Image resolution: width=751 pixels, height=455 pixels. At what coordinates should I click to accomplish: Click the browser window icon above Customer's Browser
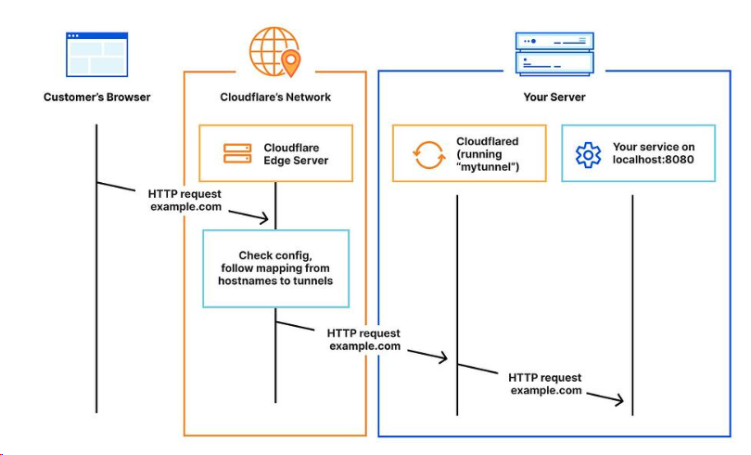(96, 54)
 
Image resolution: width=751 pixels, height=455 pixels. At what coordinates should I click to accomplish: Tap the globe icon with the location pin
(275, 52)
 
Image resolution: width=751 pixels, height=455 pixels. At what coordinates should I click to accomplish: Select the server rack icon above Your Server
(554, 54)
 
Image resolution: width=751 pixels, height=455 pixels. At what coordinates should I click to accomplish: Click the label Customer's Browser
(96, 97)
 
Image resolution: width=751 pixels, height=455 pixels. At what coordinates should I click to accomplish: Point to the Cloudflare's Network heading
(275, 97)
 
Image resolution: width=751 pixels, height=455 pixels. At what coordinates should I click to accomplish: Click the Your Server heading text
(554, 97)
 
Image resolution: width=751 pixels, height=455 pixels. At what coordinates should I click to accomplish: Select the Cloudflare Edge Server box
(276, 153)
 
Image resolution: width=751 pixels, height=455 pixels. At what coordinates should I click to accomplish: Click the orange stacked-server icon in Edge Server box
(237, 153)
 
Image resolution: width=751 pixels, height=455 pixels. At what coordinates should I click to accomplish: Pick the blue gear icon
(589, 154)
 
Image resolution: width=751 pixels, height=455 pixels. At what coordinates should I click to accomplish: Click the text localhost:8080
(654, 161)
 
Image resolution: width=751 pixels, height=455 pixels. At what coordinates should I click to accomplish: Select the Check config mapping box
(276, 268)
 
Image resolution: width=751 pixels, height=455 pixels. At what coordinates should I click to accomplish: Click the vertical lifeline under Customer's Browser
(96, 297)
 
